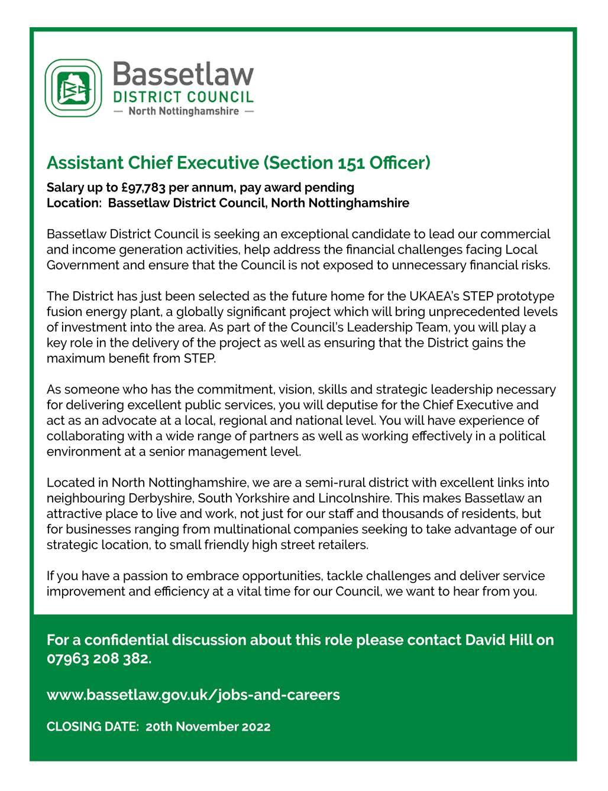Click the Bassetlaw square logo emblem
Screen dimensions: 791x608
click(x=74, y=88)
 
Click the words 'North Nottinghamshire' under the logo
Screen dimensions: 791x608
click(x=183, y=111)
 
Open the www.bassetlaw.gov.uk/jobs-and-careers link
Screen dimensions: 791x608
click(x=193, y=695)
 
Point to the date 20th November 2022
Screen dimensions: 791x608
click(x=208, y=727)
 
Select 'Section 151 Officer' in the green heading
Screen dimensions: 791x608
click(x=347, y=162)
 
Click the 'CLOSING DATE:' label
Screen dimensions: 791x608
click(x=93, y=727)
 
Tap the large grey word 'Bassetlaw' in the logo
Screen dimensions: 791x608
click(x=183, y=76)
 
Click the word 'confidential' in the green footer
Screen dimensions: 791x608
click(x=126, y=640)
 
